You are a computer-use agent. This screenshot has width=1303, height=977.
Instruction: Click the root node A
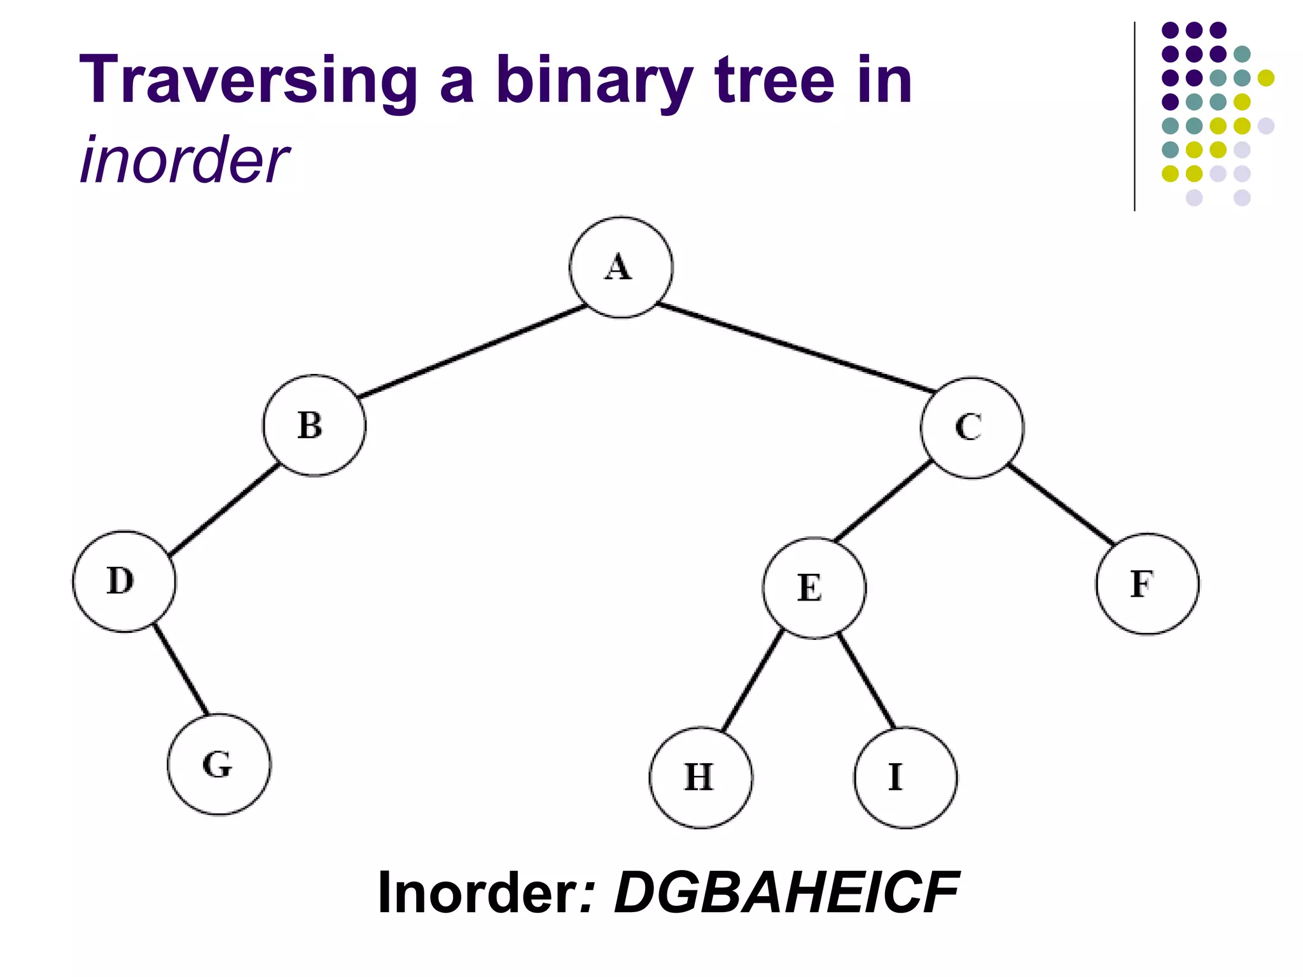(x=620, y=267)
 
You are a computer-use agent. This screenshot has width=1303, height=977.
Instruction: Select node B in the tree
(x=314, y=425)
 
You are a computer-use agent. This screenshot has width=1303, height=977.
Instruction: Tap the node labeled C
(x=972, y=427)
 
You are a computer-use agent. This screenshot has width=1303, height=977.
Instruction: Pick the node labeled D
(x=124, y=581)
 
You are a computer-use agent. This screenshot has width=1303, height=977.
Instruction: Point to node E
(x=814, y=587)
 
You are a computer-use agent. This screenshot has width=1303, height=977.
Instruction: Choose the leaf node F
(x=1146, y=584)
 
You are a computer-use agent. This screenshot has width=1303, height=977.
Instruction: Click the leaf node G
(x=219, y=764)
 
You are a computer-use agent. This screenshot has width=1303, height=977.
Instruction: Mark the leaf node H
(x=700, y=777)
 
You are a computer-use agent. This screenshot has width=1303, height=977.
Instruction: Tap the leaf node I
(x=905, y=777)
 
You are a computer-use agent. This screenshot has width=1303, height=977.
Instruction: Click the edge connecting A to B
(x=472, y=352)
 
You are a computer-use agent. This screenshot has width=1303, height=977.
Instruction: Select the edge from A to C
(x=795, y=347)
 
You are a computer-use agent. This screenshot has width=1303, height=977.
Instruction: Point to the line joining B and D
(x=225, y=509)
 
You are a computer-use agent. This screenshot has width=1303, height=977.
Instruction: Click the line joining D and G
(x=181, y=670)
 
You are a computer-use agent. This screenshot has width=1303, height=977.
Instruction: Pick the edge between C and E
(x=883, y=502)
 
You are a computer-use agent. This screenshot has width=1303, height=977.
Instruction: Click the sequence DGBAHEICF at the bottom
(x=786, y=892)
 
